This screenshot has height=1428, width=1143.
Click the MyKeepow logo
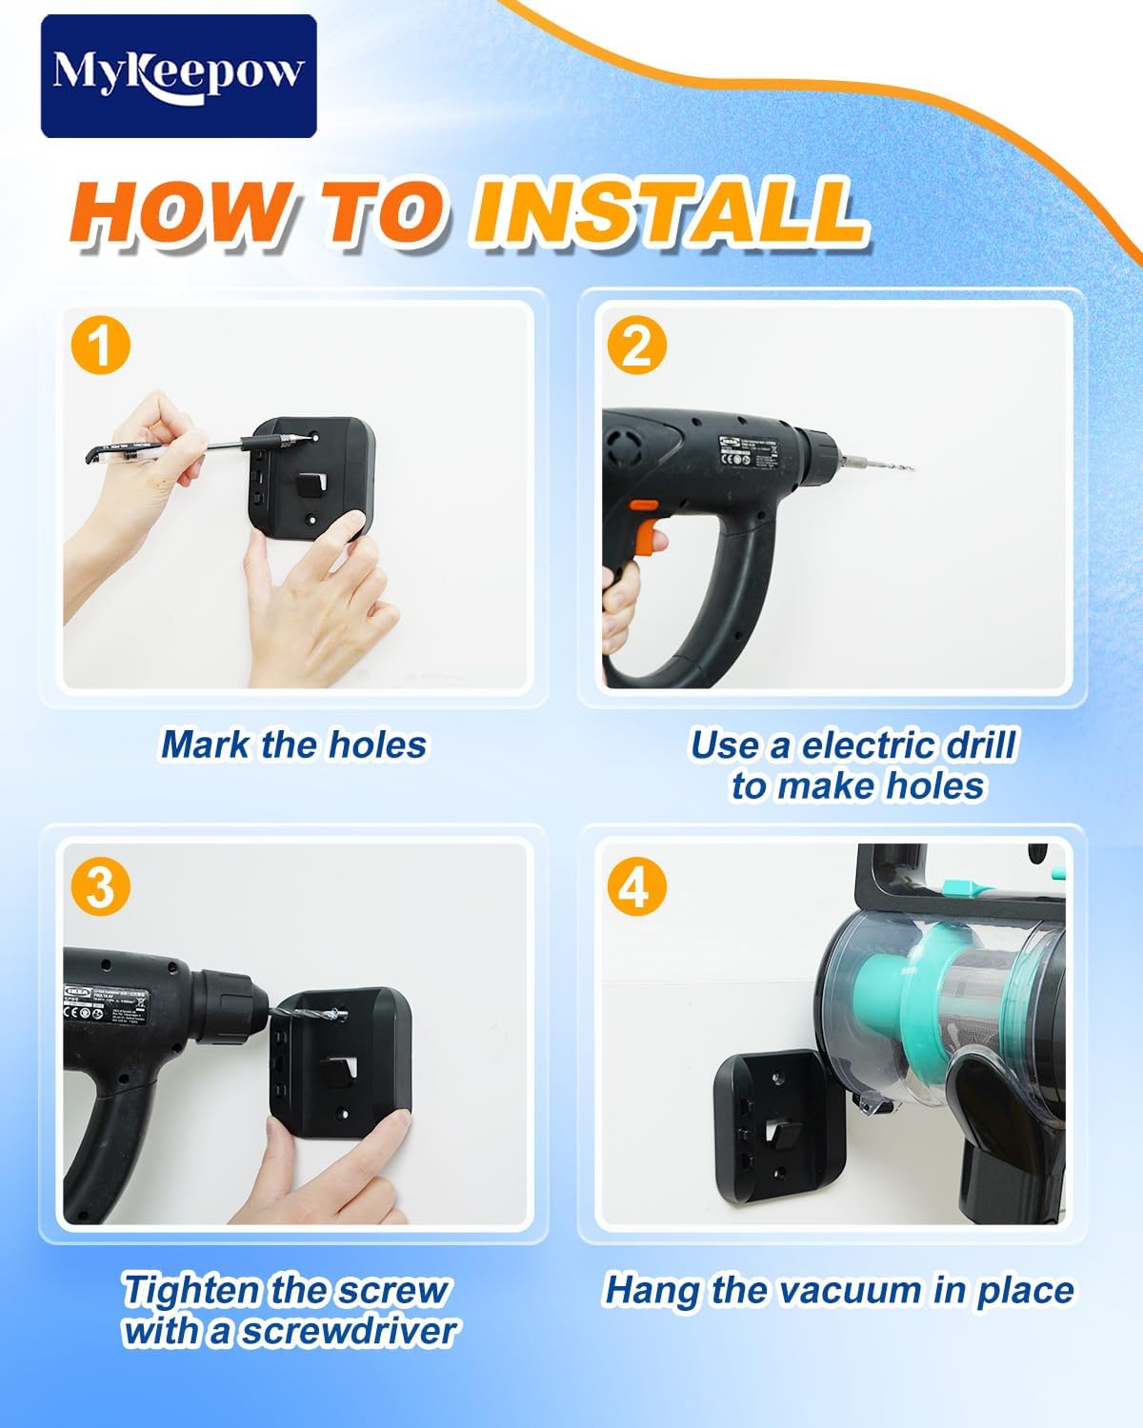(x=178, y=75)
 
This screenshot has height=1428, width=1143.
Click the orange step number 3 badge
(x=100, y=887)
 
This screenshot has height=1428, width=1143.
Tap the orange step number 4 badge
(x=635, y=887)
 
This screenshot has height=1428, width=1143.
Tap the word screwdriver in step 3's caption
(x=348, y=1331)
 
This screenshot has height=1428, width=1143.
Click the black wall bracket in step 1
(x=319, y=481)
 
